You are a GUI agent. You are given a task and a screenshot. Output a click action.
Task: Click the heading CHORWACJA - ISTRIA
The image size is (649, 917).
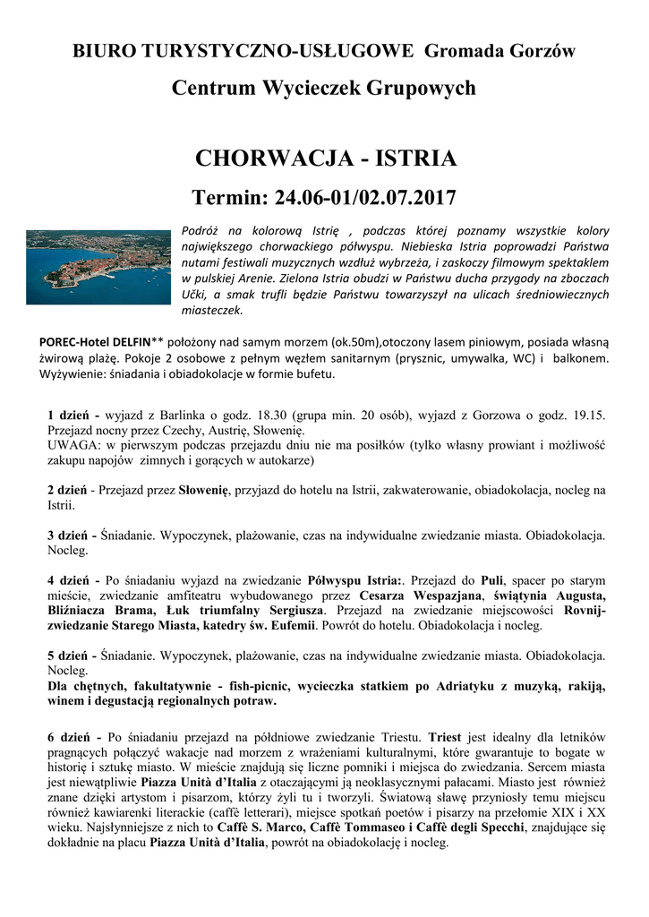(x=325, y=159)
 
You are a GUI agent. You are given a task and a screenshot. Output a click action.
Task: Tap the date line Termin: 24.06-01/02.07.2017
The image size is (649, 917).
(x=325, y=197)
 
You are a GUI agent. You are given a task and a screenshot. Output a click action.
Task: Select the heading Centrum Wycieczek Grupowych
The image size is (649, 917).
(x=324, y=89)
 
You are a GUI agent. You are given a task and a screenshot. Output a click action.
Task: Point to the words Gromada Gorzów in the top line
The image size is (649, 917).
(x=500, y=51)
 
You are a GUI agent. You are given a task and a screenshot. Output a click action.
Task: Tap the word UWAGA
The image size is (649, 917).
(x=73, y=445)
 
